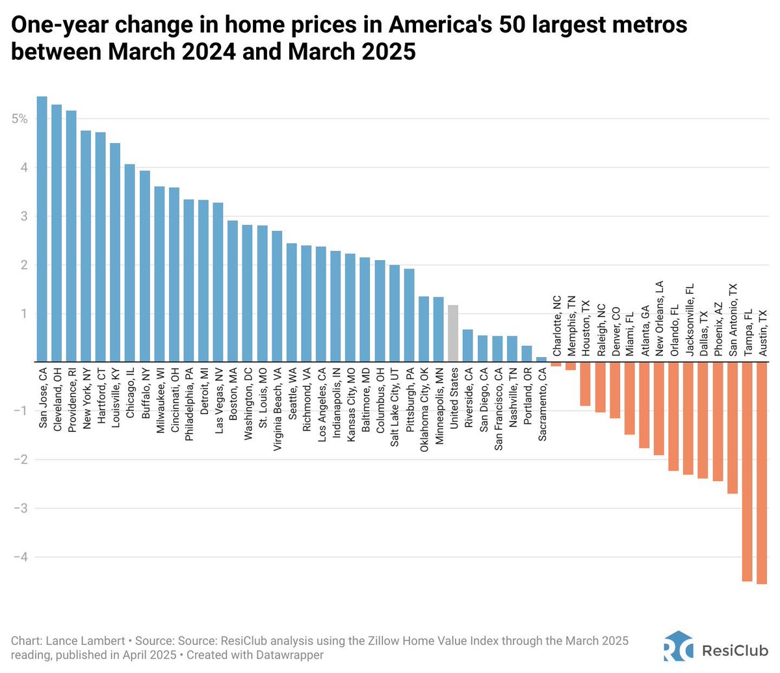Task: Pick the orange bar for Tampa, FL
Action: pos(747,471)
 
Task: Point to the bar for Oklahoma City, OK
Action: pos(424,329)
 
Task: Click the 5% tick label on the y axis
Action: pos(19,119)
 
